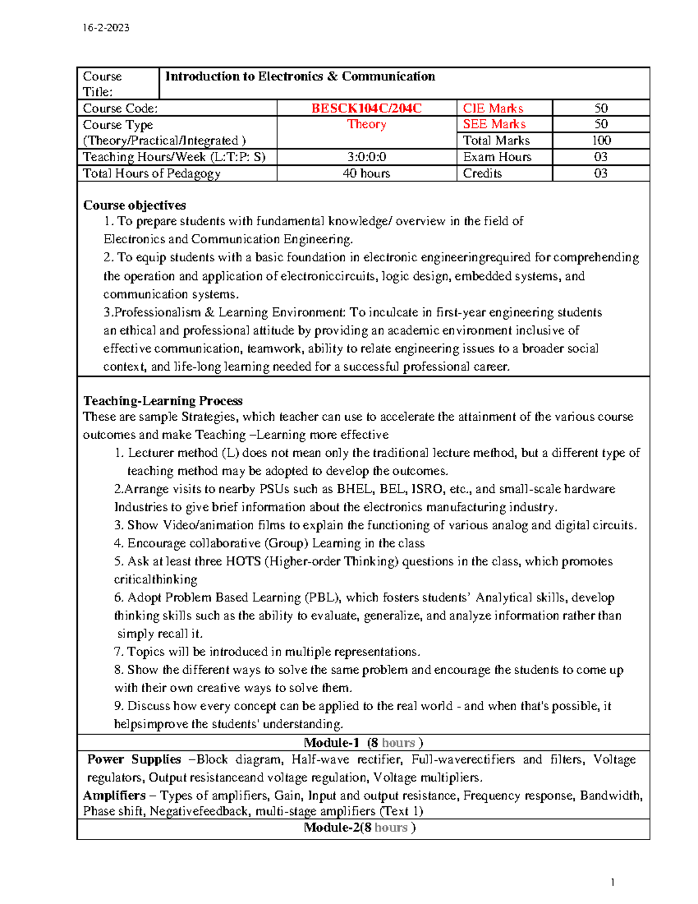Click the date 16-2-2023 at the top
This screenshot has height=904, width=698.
click(x=106, y=27)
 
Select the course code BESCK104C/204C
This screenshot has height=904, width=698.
click(x=366, y=108)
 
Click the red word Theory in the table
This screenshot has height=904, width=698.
click(x=366, y=124)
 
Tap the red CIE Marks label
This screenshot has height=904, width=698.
click(x=493, y=108)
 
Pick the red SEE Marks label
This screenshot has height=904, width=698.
click(x=494, y=124)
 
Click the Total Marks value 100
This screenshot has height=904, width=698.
click(x=601, y=140)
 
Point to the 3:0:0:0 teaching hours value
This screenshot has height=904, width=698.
click(x=366, y=157)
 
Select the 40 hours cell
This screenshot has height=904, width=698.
click(x=366, y=173)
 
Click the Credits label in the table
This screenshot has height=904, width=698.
click(x=482, y=173)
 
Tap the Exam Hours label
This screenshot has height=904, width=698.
click(x=497, y=157)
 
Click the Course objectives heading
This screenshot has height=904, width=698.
click(x=134, y=205)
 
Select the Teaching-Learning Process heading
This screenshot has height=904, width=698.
click(x=163, y=400)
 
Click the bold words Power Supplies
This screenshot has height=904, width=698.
click(x=134, y=759)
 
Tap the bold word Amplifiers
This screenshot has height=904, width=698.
click(x=114, y=795)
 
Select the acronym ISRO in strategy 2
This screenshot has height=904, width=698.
click(x=428, y=489)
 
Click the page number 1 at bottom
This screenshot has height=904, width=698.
click(x=612, y=882)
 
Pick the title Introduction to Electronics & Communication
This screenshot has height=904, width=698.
click(x=300, y=76)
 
